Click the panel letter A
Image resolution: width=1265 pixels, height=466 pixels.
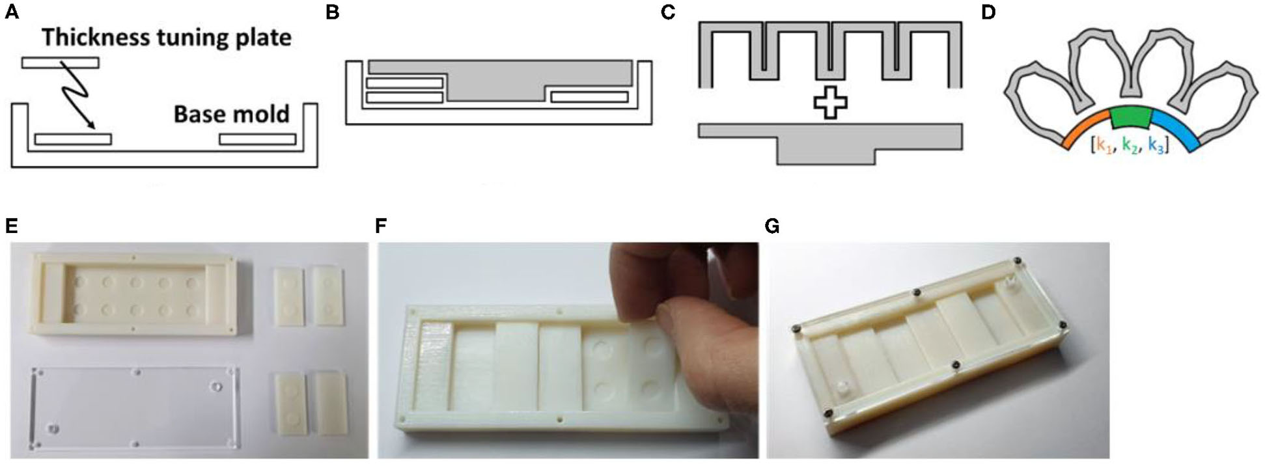(12, 12)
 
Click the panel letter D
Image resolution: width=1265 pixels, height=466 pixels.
(988, 12)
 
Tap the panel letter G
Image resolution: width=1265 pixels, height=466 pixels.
(773, 226)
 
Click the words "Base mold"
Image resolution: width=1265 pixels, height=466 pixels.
(231, 115)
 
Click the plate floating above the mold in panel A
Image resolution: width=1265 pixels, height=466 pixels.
(60, 62)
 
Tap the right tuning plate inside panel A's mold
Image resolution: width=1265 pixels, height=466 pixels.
(258, 139)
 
